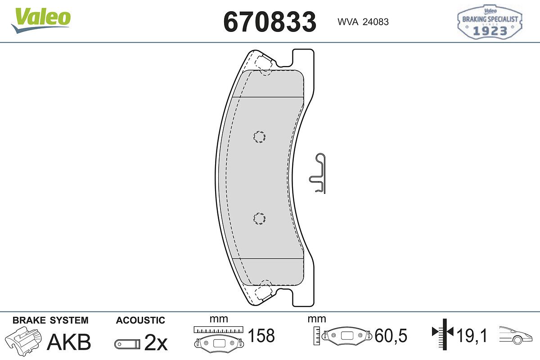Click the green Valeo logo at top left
pos(41,20)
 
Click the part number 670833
pos(270,22)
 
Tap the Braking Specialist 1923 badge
pos(490,22)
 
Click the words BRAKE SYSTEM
pos(50,320)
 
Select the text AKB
pos(69,342)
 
